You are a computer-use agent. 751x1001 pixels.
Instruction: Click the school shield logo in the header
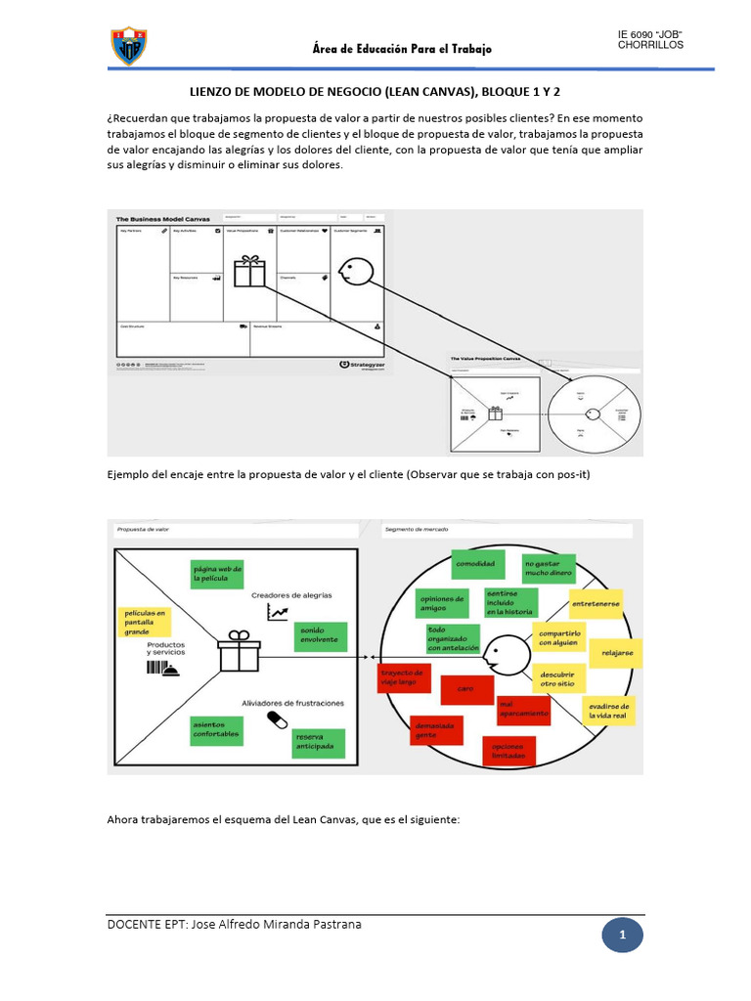pos(130,45)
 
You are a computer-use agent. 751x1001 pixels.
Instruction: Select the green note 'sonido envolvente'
pos(319,635)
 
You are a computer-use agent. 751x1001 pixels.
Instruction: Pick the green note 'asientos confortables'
pos(215,729)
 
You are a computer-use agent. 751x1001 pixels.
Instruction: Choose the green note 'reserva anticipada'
pos(321,742)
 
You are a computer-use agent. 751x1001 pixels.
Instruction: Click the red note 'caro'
pos(465,689)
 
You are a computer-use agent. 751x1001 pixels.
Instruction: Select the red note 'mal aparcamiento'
pos(523,709)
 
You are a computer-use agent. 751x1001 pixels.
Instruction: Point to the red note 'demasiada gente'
pos(435,729)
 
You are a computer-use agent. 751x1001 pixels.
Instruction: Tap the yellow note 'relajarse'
pos(617,653)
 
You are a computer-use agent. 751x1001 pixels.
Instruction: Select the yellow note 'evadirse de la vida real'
pos(609,711)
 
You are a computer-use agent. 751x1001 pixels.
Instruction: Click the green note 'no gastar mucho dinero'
pos(548,569)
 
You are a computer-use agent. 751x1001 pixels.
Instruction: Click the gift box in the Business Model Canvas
pos(250,271)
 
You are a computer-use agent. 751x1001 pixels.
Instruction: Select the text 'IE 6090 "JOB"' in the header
pos(649,34)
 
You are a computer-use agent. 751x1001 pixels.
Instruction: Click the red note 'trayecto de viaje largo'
pos(403,677)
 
